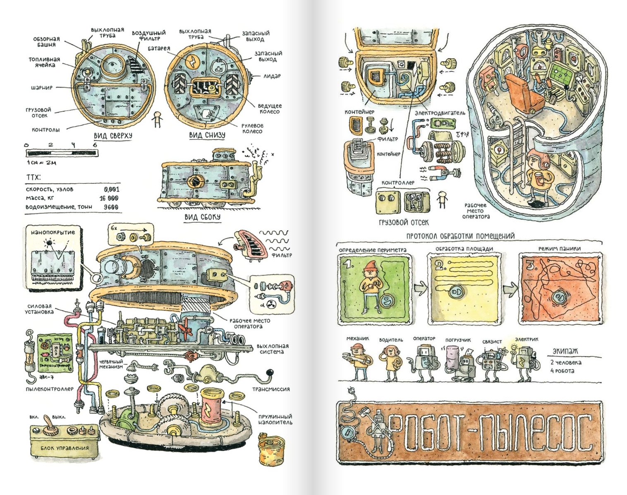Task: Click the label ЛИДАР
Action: tap(272, 76)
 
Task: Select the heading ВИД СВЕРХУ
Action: tap(112, 135)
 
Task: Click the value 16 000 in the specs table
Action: tap(109, 198)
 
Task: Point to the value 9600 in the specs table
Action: tap(111, 207)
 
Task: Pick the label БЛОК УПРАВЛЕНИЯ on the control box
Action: tap(64, 448)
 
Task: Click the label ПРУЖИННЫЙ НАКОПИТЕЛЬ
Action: tap(275, 419)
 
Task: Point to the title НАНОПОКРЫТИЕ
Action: tap(53, 232)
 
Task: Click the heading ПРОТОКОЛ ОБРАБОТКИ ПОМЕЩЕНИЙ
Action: tap(460, 236)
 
